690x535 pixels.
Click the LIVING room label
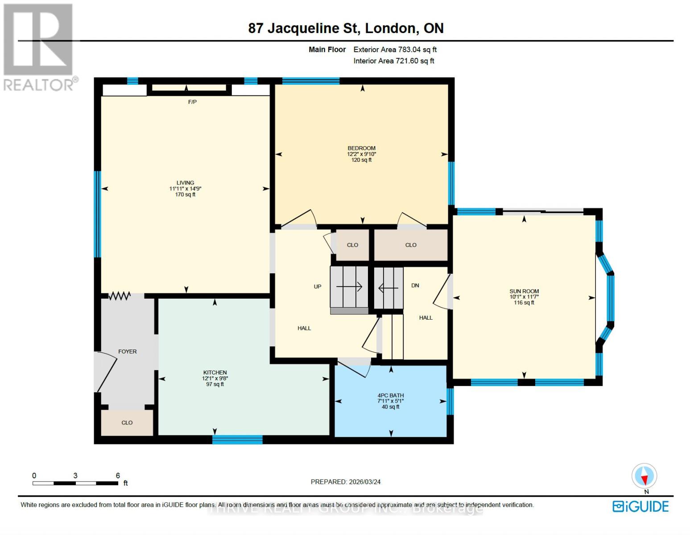tap(185, 183)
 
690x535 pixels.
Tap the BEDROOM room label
tap(361, 148)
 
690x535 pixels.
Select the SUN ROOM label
tap(524, 291)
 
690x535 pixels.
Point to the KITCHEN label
tap(215, 372)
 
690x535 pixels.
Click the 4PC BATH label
tap(391, 395)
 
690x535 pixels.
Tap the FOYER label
tap(128, 351)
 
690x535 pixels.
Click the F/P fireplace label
tap(192, 102)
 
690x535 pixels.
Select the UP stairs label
tap(318, 287)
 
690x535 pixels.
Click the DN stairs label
tap(415, 285)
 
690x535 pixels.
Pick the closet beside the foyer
tap(127, 423)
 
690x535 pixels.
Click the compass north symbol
tap(644, 476)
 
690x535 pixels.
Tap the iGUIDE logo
tap(640, 506)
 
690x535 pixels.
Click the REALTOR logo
tap(39, 47)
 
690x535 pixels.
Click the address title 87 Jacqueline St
tap(346, 28)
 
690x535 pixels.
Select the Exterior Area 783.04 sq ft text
tap(395, 49)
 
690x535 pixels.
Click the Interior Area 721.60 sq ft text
tap(394, 61)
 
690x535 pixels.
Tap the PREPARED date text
tap(346, 481)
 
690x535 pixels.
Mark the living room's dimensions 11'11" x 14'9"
tap(185, 189)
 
